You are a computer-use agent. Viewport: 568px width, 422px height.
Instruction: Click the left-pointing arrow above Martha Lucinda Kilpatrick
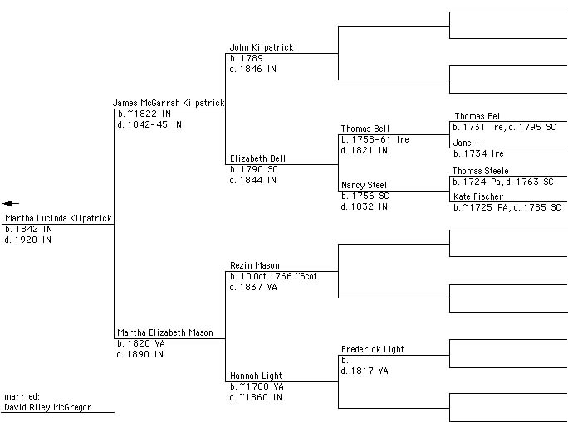point(10,203)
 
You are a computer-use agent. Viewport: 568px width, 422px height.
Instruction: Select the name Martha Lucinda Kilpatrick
point(58,219)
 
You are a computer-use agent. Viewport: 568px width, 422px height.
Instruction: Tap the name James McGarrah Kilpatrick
point(169,103)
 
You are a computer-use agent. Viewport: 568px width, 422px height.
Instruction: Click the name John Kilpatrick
point(262,48)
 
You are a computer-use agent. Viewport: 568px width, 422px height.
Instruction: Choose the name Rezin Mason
point(255,266)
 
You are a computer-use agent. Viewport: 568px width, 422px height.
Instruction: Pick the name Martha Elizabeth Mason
point(165,332)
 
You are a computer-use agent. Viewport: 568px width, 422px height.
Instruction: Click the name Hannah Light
point(257,376)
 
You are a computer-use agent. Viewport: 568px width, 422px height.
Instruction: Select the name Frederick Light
point(373,350)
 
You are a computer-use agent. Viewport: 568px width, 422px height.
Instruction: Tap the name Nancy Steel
point(364,185)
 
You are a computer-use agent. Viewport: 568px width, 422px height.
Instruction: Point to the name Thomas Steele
point(481,171)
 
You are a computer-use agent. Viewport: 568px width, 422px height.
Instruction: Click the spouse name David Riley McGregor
point(48,407)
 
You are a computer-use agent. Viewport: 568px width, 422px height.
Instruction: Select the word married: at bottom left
point(22,397)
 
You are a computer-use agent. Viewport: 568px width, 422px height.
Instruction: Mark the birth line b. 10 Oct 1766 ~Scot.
point(275,276)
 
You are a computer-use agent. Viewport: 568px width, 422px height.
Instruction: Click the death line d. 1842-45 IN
point(150,124)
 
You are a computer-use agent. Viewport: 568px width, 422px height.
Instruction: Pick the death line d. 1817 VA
point(365,371)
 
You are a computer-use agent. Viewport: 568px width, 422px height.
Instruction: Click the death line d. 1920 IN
point(28,240)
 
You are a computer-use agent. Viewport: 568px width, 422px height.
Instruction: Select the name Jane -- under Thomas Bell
point(469,143)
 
